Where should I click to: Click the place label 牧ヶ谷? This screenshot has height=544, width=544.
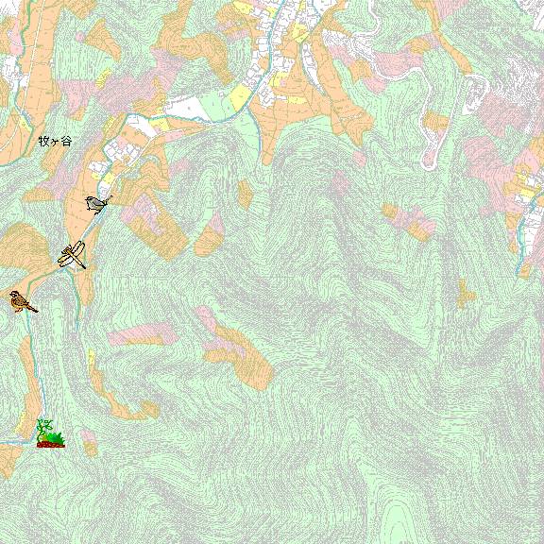[x=55, y=141]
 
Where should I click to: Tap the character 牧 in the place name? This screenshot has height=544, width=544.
[x=43, y=141]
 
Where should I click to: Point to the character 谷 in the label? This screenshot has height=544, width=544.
[x=66, y=141]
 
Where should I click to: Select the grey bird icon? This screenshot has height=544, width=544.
[x=97, y=203]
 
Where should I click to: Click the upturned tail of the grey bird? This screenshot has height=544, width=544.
[x=109, y=198]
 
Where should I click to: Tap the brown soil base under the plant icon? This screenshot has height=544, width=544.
[x=50, y=443]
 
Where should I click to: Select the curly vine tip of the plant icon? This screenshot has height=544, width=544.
[x=41, y=423]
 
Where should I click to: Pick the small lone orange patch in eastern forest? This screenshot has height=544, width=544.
[x=465, y=293]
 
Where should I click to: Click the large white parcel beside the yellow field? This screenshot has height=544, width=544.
[x=203, y=107]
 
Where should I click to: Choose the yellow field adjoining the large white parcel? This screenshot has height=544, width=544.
[x=240, y=96]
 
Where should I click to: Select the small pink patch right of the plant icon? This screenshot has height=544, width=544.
[x=89, y=439]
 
